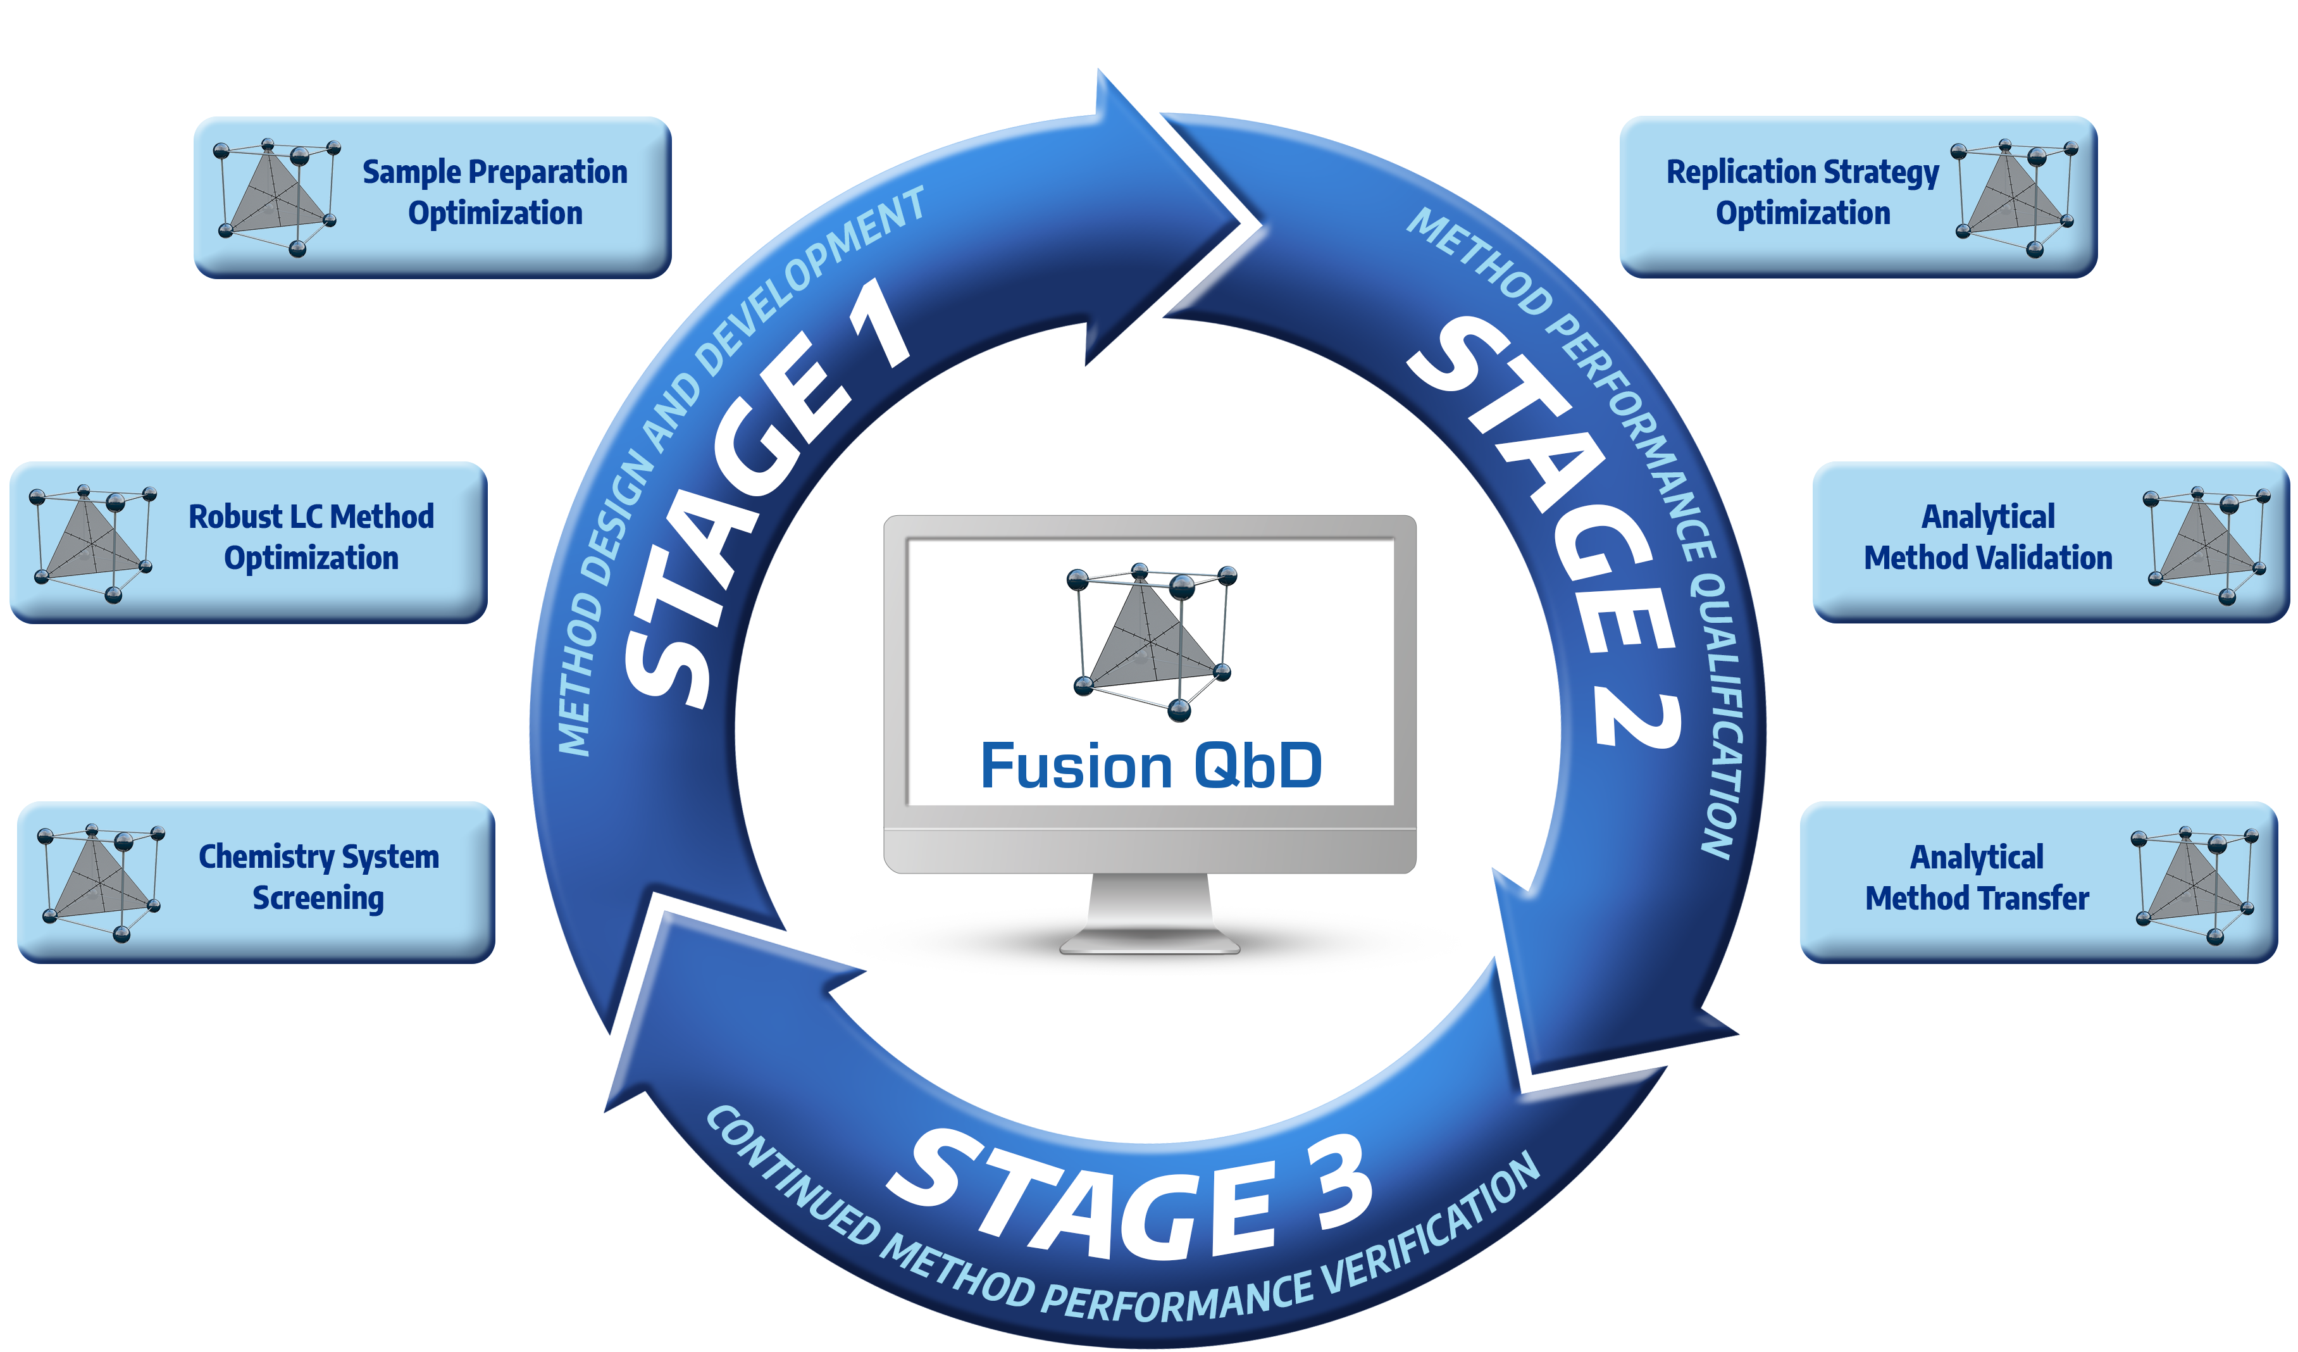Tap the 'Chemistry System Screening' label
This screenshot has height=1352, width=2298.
tap(318, 877)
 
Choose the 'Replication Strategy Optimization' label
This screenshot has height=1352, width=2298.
tap(1802, 192)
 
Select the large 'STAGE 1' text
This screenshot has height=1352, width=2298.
tap(766, 492)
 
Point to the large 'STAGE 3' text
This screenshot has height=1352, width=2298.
tap(1131, 1195)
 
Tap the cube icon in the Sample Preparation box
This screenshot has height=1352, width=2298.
tap(275, 197)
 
